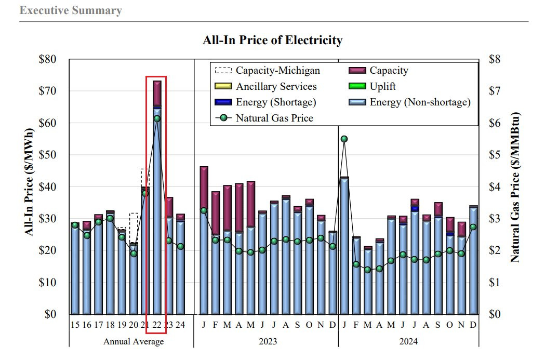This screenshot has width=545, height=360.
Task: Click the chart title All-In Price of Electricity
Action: click(x=272, y=40)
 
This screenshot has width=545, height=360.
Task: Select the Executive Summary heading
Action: click(x=71, y=10)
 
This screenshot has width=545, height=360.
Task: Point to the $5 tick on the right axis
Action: click(x=496, y=155)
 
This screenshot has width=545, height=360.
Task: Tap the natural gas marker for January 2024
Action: click(x=344, y=139)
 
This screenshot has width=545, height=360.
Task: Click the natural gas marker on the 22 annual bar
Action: click(x=157, y=118)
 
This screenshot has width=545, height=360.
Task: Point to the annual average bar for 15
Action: click(x=75, y=268)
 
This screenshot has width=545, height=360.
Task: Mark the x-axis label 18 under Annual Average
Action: click(x=110, y=325)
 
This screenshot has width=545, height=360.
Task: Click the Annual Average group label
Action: click(x=134, y=342)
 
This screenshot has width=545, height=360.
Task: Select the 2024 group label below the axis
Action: click(x=408, y=342)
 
